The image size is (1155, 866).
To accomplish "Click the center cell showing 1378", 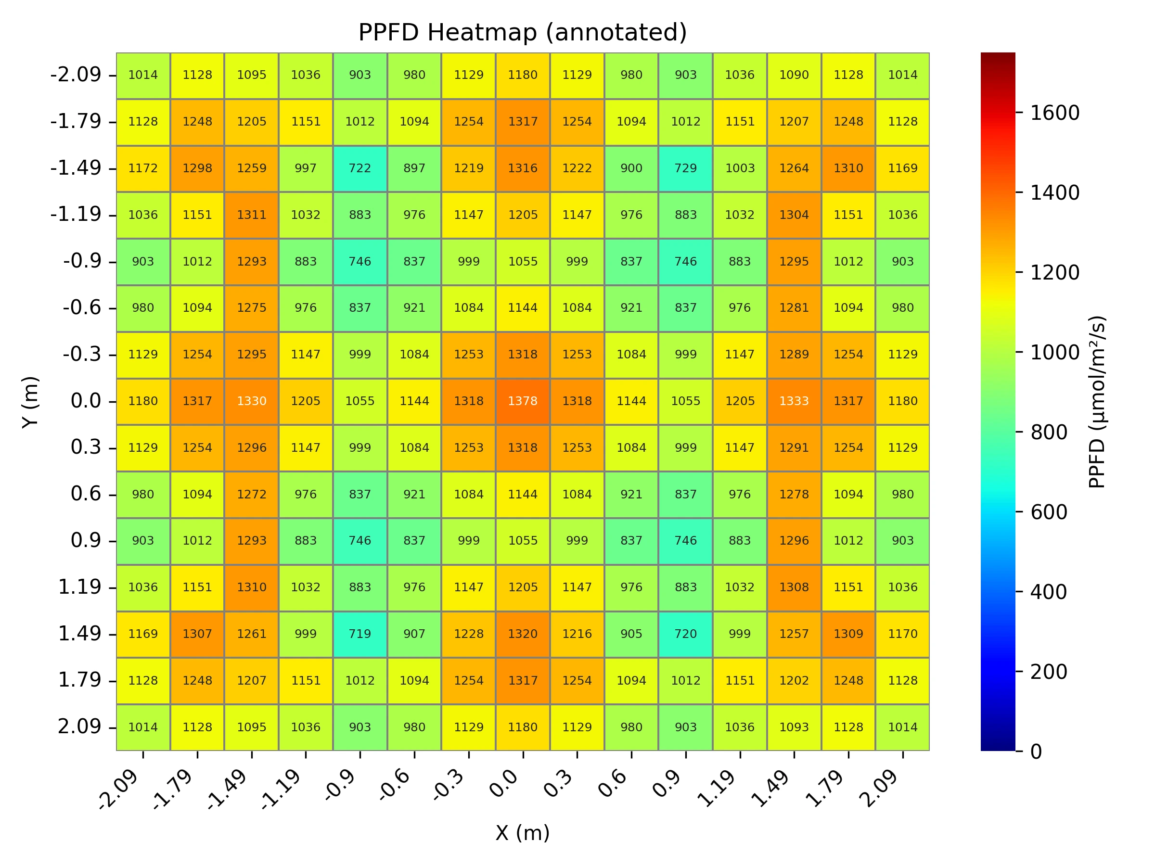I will point(523,401).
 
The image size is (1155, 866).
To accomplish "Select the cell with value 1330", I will point(252,401).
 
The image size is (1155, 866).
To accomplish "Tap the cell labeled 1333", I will point(794,401).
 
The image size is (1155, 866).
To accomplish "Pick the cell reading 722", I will point(360,168).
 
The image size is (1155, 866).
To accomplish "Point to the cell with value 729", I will point(686,168).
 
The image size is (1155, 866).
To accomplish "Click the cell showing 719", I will point(360,634).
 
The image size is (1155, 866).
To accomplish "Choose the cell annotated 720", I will point(686,634).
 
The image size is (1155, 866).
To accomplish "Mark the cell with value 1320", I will point(523,634).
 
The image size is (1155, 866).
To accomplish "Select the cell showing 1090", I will point(794,75).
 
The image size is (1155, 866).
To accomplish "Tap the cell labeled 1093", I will point(794,726).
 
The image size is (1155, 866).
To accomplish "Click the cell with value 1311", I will point(252,215).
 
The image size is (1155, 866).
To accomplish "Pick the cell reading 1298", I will point(197,168).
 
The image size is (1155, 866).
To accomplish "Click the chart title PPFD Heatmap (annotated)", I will point(522,32).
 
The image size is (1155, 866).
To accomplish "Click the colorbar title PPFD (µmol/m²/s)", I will point(1096,401).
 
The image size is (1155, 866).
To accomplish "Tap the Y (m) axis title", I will point(30,401).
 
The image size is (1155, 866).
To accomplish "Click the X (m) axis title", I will point(522,833).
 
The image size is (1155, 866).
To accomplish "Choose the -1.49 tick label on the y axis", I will point(76,168).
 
